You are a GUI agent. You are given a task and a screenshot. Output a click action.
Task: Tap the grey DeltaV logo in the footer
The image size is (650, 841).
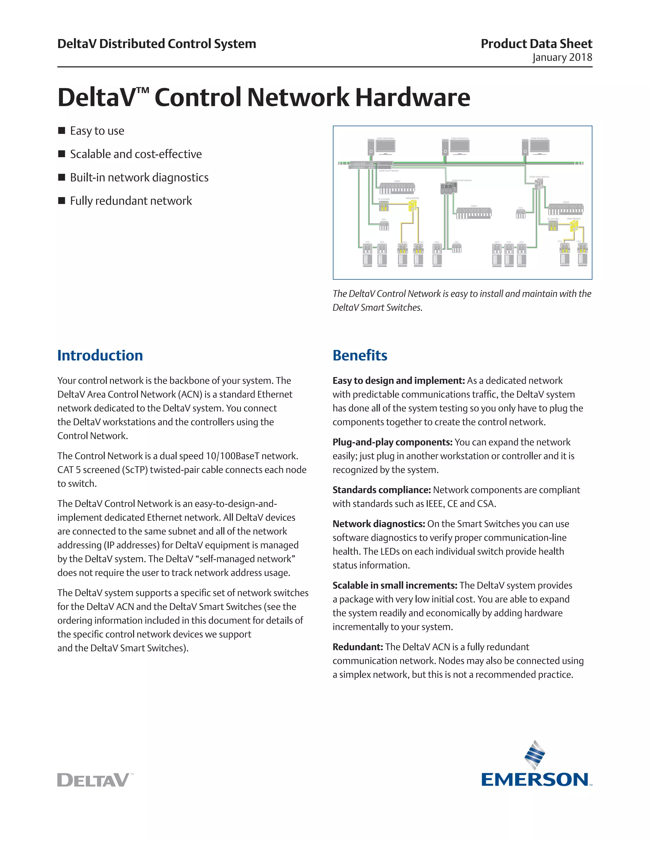point(93,780)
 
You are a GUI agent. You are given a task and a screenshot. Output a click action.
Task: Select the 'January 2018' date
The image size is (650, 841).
point(562,57)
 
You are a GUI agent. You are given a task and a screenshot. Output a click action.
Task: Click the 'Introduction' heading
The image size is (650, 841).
point(100,355)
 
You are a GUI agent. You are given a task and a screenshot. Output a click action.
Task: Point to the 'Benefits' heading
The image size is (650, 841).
point(360,355)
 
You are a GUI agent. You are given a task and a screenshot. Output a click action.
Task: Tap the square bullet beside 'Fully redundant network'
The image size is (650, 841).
point(62,201)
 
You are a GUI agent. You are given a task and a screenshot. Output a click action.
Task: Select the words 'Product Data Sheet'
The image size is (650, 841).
point(536,43)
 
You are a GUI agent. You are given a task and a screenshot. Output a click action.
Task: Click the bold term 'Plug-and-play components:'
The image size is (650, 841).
point(392,442)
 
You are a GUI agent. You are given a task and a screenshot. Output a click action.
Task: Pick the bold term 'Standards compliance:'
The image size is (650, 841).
point(381,490)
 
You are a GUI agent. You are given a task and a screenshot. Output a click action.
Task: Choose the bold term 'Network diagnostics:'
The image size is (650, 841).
point(379,524)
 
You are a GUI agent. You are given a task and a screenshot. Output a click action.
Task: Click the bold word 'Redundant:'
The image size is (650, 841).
point(358,647)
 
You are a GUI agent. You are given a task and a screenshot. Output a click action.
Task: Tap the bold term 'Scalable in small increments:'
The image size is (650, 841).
point(395,585)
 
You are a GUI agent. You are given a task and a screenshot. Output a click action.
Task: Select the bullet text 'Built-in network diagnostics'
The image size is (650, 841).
point(139,177)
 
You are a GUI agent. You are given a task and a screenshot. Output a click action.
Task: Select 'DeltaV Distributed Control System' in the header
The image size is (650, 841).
point(157,43)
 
